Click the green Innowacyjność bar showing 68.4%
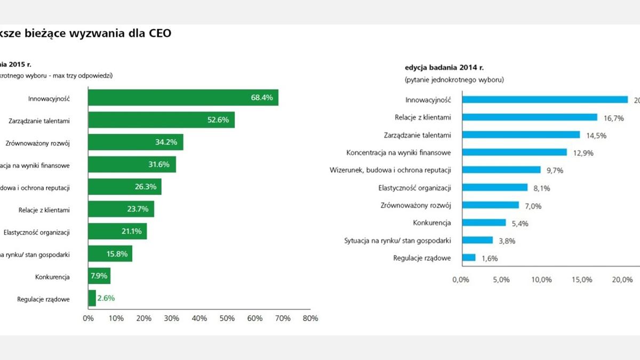(x=183, y=98)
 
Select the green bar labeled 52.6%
(x=161, y=120)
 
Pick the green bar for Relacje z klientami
(x=121, y=209)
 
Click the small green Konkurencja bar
(x=99, y=276)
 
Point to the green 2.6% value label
(x=106, y=298)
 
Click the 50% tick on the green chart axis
(x=227, y=318)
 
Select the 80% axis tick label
(x=310, y=318)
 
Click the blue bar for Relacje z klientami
(x=530, y=117)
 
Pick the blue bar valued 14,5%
(x=521, y=135)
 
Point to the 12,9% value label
(x=583, y=153)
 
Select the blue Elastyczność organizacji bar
(x=495, y=188)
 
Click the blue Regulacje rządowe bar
(x=469, y=258)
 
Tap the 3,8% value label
(x=506, y=241)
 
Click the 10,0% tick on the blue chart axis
(x=542, y=280)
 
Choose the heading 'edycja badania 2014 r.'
(x=444, y=68)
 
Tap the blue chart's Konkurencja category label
(x=432, y=223)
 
